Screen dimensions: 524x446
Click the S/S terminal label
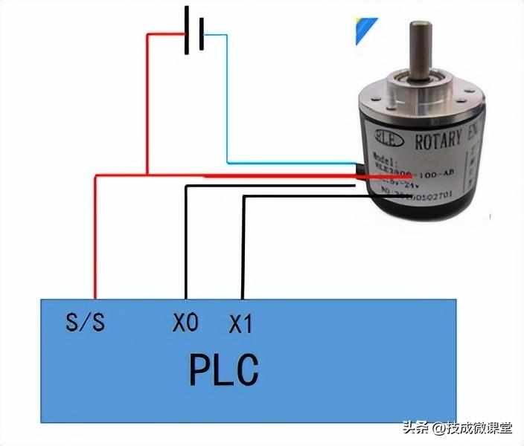(x=86, y=323)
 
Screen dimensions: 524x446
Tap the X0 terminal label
(x=186, y=323)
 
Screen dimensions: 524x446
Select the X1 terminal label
(x=240, y=324)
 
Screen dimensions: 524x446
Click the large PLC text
(x=223, y=369)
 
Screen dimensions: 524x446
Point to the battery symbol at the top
(x=194, y=31)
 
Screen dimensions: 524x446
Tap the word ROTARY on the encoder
(x=432, y=141)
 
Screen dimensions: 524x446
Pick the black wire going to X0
(x=186, y=238)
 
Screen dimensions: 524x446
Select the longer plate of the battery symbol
(x=186, y=31)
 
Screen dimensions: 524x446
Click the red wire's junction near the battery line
(x=147, y=175)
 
